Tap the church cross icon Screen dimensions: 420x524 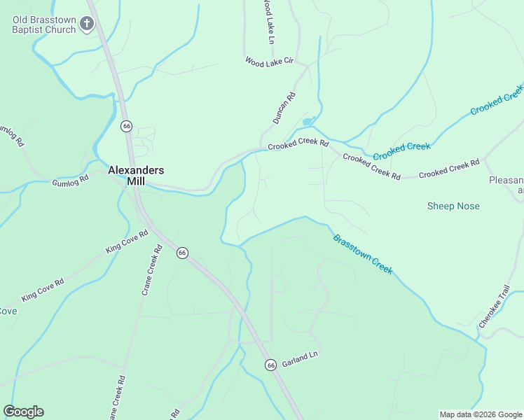[87, 24]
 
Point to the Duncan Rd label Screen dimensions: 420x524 [284, 108]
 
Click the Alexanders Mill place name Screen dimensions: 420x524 [136, 175]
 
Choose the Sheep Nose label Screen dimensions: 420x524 [453, 206]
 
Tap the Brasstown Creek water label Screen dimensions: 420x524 [362, 254]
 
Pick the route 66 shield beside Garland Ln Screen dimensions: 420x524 [270, 365]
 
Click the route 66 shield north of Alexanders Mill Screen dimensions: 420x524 [126, 126]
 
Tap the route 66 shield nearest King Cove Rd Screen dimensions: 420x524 [182, 253]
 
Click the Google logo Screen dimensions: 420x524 [23, 412]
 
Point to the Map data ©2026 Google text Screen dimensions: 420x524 [480, 414]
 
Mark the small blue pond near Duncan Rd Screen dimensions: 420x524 [307, 122]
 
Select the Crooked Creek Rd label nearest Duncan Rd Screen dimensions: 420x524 [298, 143]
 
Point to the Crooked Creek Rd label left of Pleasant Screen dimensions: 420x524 [449, 168]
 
